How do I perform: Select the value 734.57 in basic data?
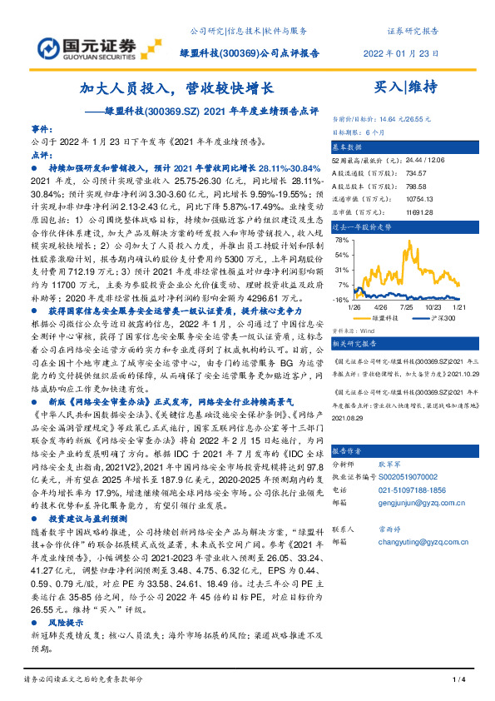click(x=395, y=174)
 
